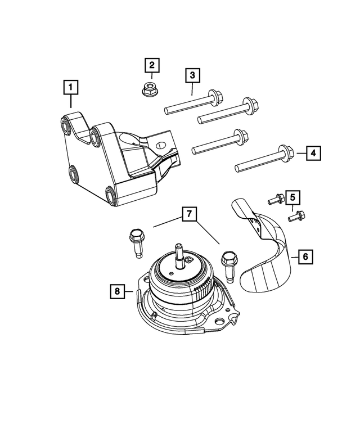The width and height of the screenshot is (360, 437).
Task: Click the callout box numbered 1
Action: coord(71,88)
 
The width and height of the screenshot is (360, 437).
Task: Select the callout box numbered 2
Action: coord(151,65)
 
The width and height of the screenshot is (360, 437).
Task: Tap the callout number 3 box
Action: coord(191,75)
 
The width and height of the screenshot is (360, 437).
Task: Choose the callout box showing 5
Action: coord(292,197)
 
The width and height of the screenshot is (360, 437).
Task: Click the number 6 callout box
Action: coord(305,257)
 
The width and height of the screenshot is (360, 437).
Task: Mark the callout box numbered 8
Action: coord(117,291)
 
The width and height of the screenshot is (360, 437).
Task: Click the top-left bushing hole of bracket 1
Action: coord(64,125)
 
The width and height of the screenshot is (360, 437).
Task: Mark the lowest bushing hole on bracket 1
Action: coord(111,196)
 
